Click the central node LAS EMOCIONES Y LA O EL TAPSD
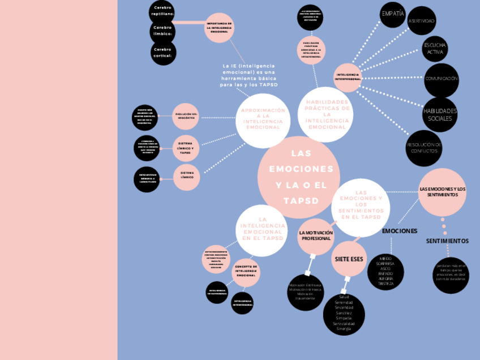tap(299, 177)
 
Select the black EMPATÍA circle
tap(393, 14)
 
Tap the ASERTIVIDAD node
tap(422, 21)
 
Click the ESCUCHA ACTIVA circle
tap(435, 48)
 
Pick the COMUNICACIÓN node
tap(442, 79)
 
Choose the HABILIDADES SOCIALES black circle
tap(440, 114)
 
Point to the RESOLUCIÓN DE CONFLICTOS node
tap(424, 148)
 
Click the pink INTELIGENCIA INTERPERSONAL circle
tap(348, 76)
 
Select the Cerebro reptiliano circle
tap(163, 11)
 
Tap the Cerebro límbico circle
tap(163, 31)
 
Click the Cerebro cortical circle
tap(163, 52)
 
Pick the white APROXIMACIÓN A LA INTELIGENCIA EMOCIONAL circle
tap(263, 119)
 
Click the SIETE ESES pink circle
tap(349, 259)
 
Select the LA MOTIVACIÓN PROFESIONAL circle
tap(316, 236)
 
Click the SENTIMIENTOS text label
tap(447, 241)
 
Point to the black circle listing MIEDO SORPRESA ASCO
tap(386, 271)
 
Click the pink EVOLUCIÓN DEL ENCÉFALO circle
tap(186, 116)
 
